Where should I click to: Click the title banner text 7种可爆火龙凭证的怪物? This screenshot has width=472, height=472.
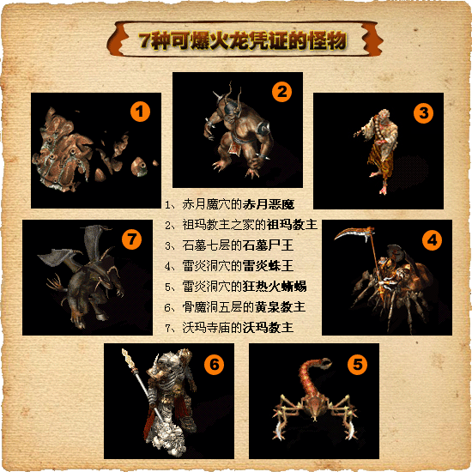tap(243, 40)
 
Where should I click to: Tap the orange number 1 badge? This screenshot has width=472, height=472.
tap(140, 112)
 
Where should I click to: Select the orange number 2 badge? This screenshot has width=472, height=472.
tap(282, 92)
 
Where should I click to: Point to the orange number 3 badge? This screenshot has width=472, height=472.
tap(424, 113)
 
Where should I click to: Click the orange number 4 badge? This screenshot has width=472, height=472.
tap(432, 240)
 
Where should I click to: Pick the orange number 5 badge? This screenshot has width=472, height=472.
tap(357, 365)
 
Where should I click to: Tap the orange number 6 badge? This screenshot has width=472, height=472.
tap(214, 365)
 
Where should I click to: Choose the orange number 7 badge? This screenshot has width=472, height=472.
tap(131, 239)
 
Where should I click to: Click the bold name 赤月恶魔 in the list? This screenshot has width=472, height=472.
tap(269, 204)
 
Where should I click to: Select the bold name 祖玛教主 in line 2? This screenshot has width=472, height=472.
tap(292, 225)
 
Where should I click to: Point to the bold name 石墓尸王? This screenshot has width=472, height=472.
tap(268, 245)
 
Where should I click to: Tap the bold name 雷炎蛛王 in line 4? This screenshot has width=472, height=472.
tap(268, 266)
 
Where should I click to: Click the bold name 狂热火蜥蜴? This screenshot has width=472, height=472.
tap(275, 287)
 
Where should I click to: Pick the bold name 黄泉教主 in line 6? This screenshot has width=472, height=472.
tap(281, 307)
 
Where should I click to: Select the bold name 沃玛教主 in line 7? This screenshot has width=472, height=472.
tap(268, 328)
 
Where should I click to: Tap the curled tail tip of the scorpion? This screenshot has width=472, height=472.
tap(326, 363)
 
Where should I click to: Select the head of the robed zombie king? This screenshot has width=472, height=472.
tap(383, 115)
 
